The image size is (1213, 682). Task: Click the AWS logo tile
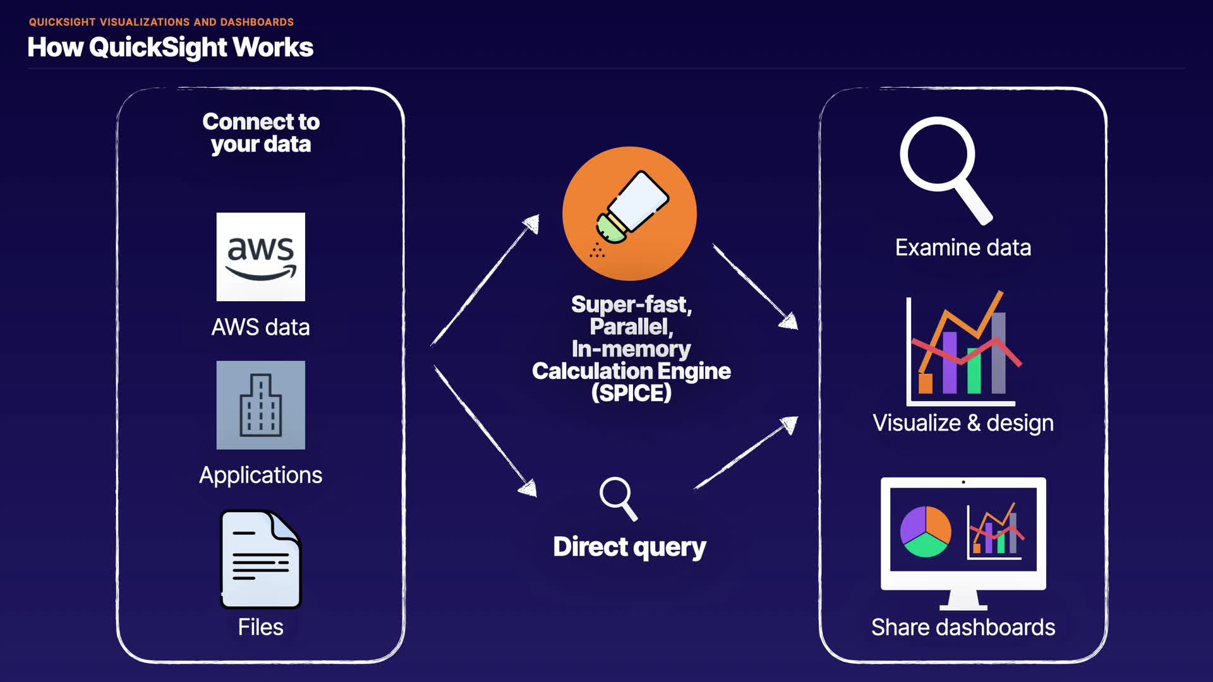tap(260, 256)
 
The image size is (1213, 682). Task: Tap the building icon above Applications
tap(260, 405)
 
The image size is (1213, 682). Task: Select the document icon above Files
tap(260, 559)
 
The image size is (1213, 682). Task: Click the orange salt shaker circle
tap(629, 213)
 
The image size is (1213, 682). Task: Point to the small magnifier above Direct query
tap(617, 498)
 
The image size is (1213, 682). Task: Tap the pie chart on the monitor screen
tap(926, 531)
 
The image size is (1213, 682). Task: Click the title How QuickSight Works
tap(171, 47)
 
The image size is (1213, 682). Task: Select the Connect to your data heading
tap(260, 133)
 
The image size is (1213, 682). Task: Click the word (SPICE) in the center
tap(631, 393)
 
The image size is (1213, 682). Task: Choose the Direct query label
tap(629, 547)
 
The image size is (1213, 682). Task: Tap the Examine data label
tap(963, 248)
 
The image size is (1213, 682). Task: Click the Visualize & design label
tap(963, 422)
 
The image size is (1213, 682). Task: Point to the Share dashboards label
tap(963, 627)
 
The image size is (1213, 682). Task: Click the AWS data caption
tap(260, 327)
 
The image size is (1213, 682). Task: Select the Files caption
tap(260, 627)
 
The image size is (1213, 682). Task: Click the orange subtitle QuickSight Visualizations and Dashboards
tap(161, 22)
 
